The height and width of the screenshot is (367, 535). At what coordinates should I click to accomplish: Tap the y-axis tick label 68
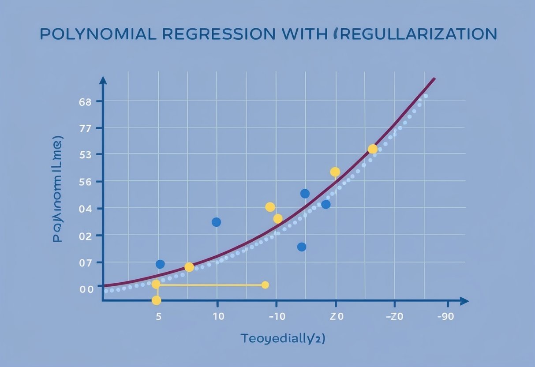click(85, 101)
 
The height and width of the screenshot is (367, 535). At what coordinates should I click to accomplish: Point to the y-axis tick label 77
click(85, 128)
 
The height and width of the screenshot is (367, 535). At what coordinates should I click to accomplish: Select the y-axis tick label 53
click(85, 154)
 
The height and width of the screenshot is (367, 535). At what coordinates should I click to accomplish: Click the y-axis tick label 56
click(85, 182)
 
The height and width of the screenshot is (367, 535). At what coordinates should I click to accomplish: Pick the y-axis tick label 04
click(85, 209)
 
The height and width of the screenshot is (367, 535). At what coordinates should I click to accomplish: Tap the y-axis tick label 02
click(85, 236)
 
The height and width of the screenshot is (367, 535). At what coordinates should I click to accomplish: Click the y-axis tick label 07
click(85, 262)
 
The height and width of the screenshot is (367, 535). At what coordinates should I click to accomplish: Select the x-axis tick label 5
click(158, 316)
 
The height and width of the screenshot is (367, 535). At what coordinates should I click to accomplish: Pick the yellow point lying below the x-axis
click(156, 300)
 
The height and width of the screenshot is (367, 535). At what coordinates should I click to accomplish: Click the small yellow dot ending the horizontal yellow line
click(265, 285)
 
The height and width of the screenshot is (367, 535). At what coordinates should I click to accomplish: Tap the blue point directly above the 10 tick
click(216, 222)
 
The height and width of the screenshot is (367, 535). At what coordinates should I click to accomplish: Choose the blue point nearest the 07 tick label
click(160, 264)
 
